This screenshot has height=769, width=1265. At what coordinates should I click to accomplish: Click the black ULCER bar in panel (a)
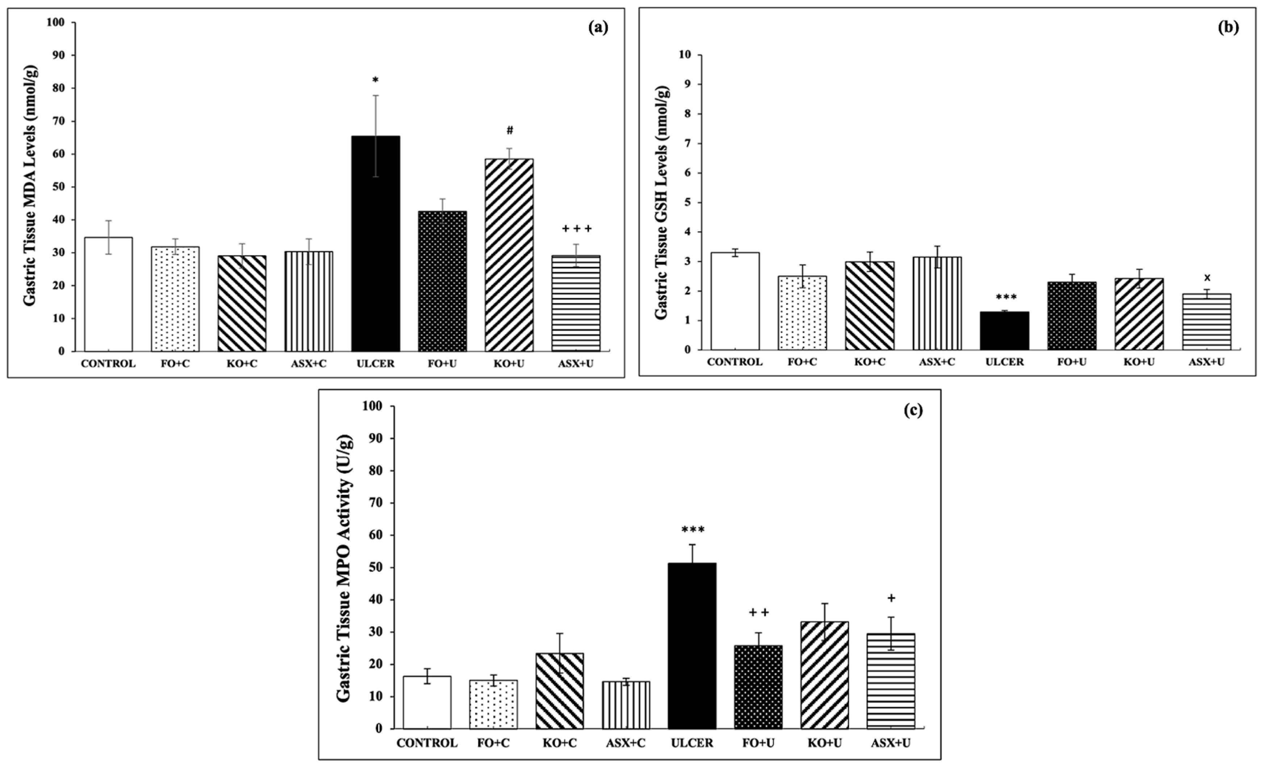coord(375,244)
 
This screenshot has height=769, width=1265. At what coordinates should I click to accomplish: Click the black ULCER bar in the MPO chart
coord(692,646)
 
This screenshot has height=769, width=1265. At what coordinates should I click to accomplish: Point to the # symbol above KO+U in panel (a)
coord(509,131)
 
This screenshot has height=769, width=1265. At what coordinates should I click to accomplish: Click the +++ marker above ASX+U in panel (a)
coord(577,228)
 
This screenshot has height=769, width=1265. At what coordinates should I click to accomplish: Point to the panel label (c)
coord(913,410)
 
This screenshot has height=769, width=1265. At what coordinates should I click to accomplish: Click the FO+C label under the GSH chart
coord(802,361)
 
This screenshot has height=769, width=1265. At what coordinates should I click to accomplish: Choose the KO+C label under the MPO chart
coord(559,743)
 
